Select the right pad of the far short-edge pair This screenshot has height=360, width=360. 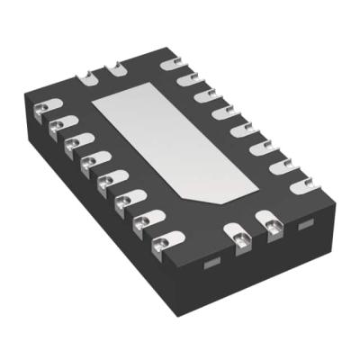(114, 68)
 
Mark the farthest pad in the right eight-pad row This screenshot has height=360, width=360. (168, 65)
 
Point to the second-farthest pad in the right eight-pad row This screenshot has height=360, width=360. (186, 81)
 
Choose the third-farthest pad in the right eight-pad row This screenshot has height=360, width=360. (204, 96)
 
